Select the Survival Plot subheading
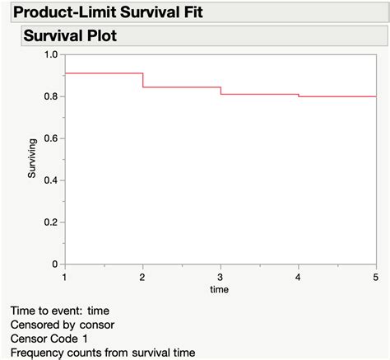71,36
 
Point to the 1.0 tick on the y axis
51,54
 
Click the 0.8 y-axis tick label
51,96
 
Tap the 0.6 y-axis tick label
51,138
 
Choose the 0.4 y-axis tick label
51,180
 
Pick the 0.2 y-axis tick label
51,222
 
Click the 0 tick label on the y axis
55,264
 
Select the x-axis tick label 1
65,277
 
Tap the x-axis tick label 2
143,277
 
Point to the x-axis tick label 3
221,277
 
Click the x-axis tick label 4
299,277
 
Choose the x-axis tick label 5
376,277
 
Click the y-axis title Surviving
32,159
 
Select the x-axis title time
219,289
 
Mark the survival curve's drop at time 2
143,80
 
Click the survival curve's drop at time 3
221,91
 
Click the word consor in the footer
97,325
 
